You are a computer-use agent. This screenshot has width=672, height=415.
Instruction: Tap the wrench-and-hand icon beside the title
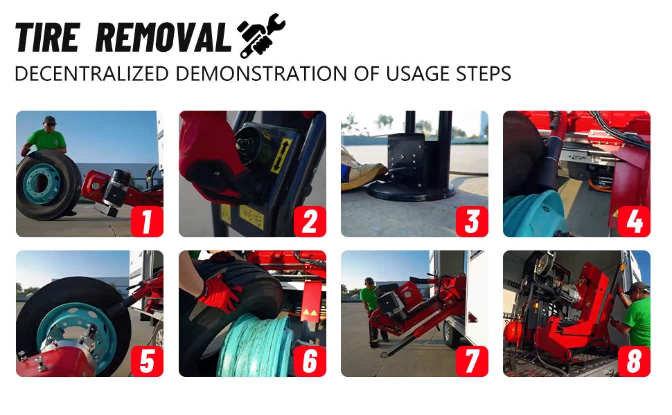(x=260, y=35)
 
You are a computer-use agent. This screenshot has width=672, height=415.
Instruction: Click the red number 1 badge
(x=147, y=221)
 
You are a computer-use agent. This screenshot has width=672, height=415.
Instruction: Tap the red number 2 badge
(x=310, y=221)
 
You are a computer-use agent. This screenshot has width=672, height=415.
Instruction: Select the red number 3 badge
(x=472, y=221)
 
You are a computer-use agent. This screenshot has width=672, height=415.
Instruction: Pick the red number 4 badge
(x=634, y=221)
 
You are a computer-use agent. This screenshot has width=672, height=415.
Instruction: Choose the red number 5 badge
(x=147, y=360)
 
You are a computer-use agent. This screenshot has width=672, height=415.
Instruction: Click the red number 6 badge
(x=310, y=360)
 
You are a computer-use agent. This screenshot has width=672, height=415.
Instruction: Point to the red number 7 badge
(x=472, y=360)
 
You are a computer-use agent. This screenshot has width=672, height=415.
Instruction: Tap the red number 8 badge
(x=634, y=360)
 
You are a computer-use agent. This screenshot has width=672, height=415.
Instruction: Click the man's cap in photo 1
(x=49, y=120)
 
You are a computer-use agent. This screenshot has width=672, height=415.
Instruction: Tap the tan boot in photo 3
(x=362, y=175)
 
